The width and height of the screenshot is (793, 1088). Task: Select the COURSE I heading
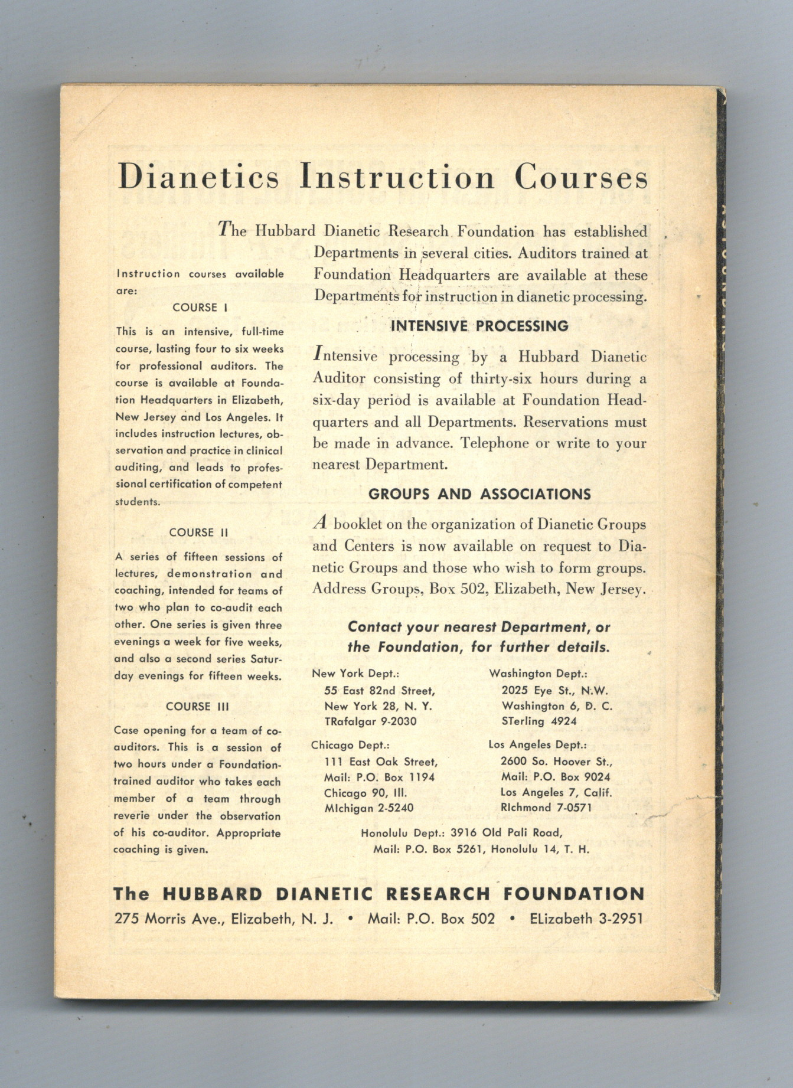click(200, 308)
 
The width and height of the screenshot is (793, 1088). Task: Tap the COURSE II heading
click(198, 532)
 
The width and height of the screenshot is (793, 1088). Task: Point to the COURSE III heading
click(197, 706)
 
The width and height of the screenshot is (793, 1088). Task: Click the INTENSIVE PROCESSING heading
click(479, 326)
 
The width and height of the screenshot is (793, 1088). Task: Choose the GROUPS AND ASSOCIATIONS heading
click(479, 494)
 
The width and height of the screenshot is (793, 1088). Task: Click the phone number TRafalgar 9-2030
click(370, 721)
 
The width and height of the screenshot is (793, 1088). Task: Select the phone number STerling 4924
click(539, 721)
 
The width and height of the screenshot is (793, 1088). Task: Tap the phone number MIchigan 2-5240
click(369, 808)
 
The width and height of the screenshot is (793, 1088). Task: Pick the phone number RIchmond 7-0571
click(546, 807)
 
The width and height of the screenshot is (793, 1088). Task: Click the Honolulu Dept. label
click(403, 833)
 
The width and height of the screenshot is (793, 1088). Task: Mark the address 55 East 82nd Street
click(380, 691)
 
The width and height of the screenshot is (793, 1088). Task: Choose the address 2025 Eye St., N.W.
click(555, 690)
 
